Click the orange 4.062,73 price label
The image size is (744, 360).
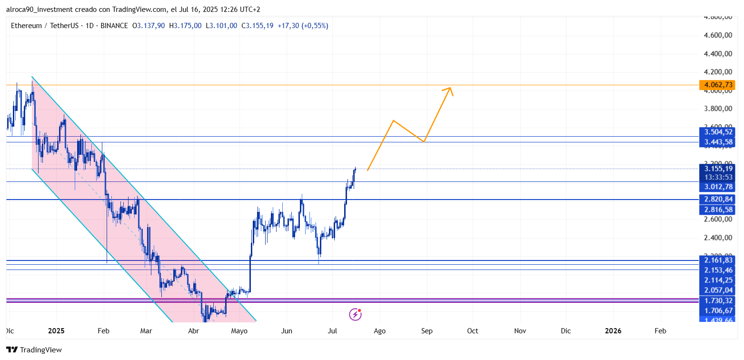(716, 85)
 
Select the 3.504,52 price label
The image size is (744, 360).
(716, 132)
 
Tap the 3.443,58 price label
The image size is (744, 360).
(716, 142)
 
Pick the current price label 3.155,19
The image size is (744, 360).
(716, 168)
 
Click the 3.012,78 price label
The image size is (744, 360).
(716, 187)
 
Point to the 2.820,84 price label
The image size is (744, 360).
(716, 199)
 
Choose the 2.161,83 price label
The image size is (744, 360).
(716, 260)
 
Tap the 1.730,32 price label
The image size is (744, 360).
(716, 300)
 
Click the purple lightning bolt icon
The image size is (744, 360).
(355, 314)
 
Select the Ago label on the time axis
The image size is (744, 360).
(379, 331)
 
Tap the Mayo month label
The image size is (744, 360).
(239, 331)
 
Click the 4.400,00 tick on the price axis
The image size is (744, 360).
(717, 54)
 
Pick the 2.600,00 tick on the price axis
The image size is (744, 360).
(717, 220)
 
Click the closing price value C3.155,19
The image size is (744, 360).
(257, 26)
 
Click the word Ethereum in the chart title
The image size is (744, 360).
(26, 26)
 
